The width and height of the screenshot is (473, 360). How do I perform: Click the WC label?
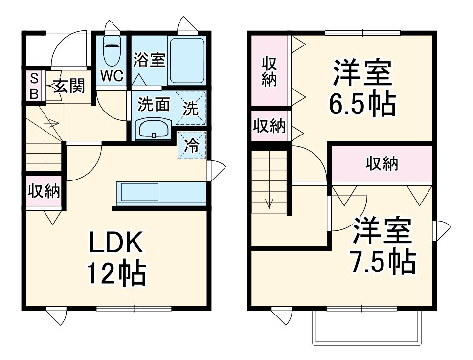pos(112,76)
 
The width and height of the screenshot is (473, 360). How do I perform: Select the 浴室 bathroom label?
pos(149,60)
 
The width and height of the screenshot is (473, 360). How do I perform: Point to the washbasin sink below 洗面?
pos(154,130)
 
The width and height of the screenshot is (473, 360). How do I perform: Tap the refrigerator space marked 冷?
pos(191,145)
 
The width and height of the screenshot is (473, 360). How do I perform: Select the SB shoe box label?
pos(34,86)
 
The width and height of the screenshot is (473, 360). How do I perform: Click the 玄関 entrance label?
pos(69,86)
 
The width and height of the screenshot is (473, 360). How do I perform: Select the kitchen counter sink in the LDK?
pos(139,192)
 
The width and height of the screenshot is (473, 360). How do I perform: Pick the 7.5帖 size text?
pos(383,263)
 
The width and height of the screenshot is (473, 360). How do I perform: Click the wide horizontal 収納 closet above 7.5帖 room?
pos(382,164)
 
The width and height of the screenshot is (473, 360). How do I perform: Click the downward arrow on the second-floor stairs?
pos(268,202)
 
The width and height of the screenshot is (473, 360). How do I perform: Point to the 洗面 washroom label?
pos(153,104)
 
